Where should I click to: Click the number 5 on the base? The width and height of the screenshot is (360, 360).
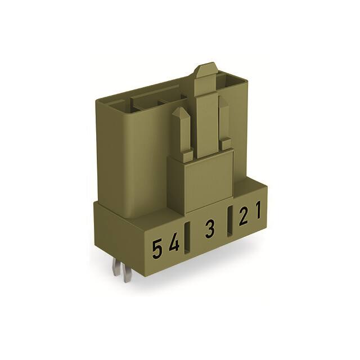pyautogui.click(x=158, y=246)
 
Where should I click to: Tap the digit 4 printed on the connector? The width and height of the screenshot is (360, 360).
pyautogui.click(x=174, y=244)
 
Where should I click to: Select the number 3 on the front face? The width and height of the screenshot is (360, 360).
pyautogui.click(x=209, y=230)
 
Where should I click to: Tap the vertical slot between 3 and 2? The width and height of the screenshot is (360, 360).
pyautogui.click(x=230, y=221)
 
